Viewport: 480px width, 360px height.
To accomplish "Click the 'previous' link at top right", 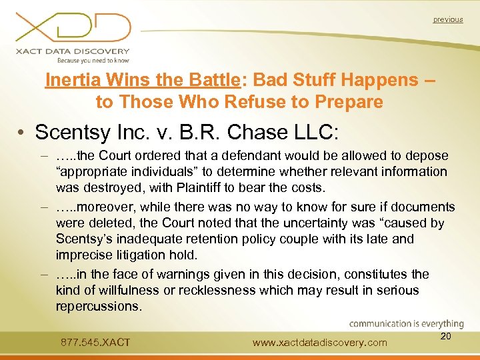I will pyautogui.click(x=447, y=19).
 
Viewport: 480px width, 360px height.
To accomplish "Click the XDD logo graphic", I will pyautogui.click(x=73, y=26).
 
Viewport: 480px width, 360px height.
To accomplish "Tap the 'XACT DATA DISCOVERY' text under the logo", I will pyautogui.click(x=73, y=51).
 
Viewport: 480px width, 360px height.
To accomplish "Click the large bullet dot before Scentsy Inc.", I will pyautogui.click(x=22, y=132).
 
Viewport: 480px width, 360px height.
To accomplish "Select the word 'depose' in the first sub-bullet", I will pyautogui.click(x=428, y=156).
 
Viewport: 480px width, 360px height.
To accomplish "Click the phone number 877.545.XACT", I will pyautogui.click(x=95, y=343).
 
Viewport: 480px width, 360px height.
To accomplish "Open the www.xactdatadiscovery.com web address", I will pyautogui.click(x=320, y=343).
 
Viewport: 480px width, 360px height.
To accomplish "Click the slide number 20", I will pyautogui.click(x=446, y=336).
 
